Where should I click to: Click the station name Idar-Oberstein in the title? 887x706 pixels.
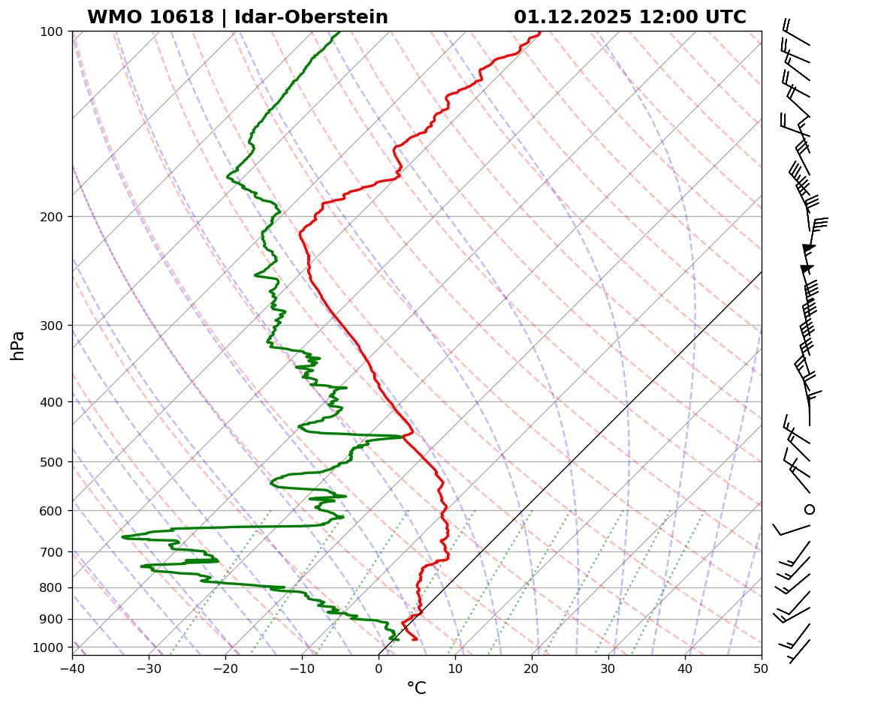[x=311, y=17]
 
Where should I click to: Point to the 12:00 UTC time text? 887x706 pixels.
[x=692, y=17]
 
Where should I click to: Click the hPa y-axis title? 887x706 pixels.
[x=17, y=345]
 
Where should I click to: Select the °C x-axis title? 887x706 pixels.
[x=416, y=688]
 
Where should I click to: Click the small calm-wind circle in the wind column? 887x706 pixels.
[x=810, y=509]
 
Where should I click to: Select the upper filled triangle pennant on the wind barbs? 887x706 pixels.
[x=808, y=248]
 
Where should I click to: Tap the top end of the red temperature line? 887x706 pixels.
[x=539, y=32]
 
